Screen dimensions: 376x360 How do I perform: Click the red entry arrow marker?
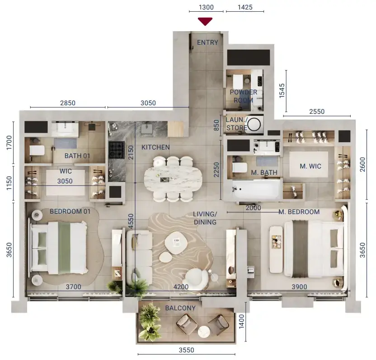[205, 21]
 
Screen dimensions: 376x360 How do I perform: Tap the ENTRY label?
[207, 42]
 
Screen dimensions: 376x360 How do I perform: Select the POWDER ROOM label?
[244, 96]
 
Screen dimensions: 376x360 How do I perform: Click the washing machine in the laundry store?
[254, 124]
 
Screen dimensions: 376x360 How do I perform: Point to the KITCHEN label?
[155, 147]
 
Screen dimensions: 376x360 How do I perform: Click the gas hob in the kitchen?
[117, 150]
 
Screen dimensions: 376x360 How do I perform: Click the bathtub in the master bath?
[256, 190]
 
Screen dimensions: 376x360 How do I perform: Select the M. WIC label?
[310, 166]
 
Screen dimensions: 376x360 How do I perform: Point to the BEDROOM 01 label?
[70, 211]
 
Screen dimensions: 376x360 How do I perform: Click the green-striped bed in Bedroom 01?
[58, 248]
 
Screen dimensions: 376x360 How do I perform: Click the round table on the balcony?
[204, 332]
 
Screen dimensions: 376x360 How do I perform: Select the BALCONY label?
[180, 308]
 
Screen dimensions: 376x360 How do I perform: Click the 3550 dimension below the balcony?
[186, 350]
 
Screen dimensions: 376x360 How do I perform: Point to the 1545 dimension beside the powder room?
[282, 91]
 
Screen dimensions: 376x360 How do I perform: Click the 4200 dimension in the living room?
[181, 287]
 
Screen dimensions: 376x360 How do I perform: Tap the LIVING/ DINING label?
[205, 218]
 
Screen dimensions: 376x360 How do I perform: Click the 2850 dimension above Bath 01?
[68, 103]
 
